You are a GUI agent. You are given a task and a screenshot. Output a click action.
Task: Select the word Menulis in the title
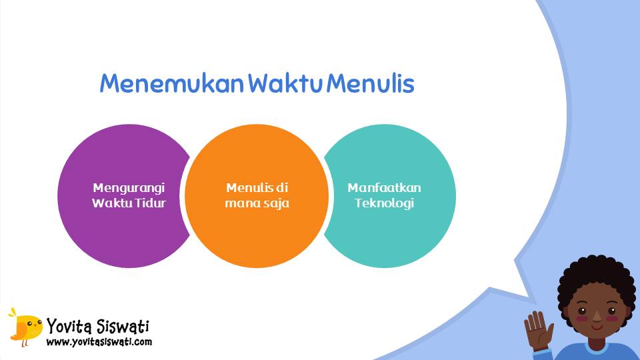pyautogui.click(x=371, y=84)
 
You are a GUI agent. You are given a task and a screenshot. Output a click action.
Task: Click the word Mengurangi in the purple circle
pyautogui.click(x=129, y=187)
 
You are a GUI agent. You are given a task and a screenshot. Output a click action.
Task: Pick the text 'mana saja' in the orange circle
pyautogui.click(x=257, y=203)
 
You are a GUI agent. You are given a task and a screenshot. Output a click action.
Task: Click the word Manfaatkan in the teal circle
pyautogui.click(x=384, y=187)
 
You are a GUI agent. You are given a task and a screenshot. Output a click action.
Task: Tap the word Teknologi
pyautogui.click(x=384, y=203)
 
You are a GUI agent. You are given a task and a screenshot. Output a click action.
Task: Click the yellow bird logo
pyautogui.click(x=25, y=327)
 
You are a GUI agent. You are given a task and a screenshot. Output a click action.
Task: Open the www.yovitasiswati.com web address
pyautogui.click(x=99, y=342)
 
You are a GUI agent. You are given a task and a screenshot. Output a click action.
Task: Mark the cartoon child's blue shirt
pyautogui.click(x=593, y=352)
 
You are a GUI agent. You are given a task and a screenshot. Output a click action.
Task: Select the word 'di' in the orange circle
pyautogui.click(x=283, y=187)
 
